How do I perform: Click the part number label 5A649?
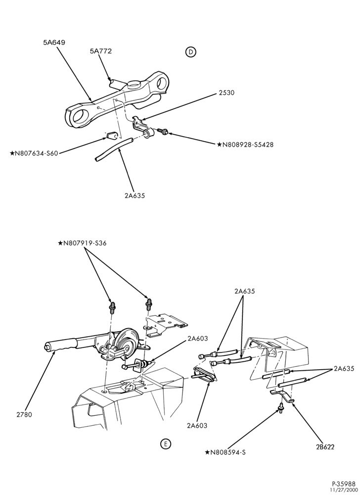[54, 42]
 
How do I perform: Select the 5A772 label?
[101, 51]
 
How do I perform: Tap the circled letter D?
[191, 52]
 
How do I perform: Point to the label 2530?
[225, 93]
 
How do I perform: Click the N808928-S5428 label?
[245, 145]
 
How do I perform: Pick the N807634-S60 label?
[34, 154]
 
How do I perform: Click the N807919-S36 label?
[82, 244]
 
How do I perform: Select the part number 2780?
[24, 414]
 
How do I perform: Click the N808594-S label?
[225, 452]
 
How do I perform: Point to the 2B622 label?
[324, 446]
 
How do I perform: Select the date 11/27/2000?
[343, 490]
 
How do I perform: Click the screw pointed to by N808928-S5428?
[163, 131]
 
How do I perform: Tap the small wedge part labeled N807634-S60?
[111, 136]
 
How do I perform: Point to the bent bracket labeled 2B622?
[282, 396]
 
